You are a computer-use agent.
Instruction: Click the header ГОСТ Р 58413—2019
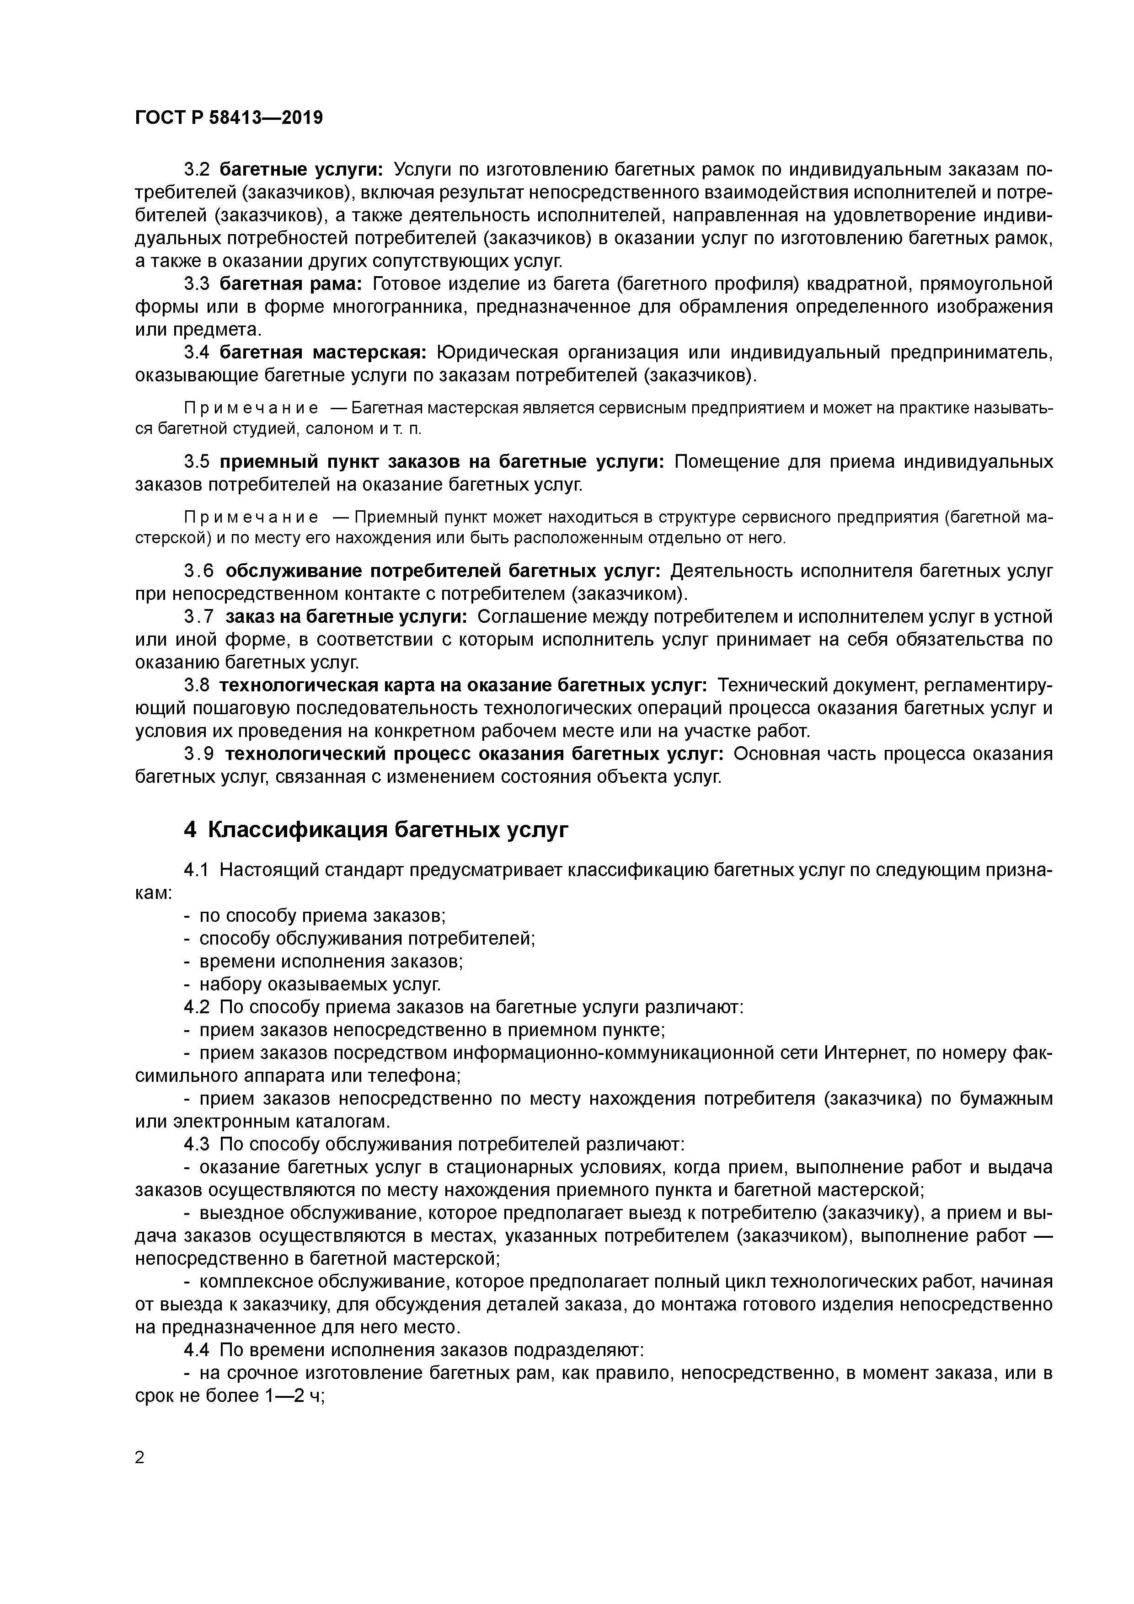point(229,118)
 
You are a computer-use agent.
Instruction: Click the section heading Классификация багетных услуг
point(376,829)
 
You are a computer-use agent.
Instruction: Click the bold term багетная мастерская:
point(323,353)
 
